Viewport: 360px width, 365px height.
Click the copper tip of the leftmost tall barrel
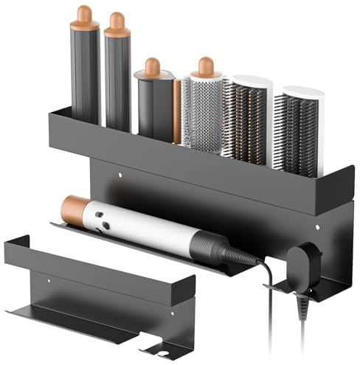tap(85, 15)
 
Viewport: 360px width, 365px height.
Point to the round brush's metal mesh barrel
tap(202, 114)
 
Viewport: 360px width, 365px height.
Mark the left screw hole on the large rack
tap(120, 176)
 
